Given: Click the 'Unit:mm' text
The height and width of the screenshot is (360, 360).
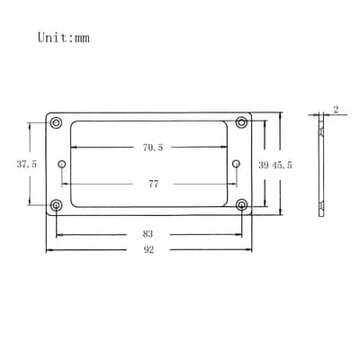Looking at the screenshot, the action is pyautogui.click(x=64, y=38).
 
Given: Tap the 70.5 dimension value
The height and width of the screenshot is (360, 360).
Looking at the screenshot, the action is pyautogui.click(x=153, y=148).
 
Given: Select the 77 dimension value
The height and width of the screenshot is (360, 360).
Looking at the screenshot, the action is pyautogui.click(x=153, y=184).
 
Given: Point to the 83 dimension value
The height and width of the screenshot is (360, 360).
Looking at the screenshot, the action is pyautogui.click(x=148, y=234).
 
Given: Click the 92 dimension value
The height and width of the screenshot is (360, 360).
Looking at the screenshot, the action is pyautogui.click(x=148, y=249).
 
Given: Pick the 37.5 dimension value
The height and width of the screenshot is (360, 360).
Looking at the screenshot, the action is pyautogui.click(x=27, y=164).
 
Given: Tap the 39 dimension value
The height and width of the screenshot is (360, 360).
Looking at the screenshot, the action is pyautogui.click(x=264, y=165).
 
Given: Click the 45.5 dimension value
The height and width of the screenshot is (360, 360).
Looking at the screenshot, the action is pyautogui.click(x=282, y=165).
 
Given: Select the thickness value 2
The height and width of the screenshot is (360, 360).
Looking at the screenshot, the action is pyautogui.click(x=336, y=110).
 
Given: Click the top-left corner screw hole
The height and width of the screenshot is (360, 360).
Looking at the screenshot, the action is pyautogui.click(x=56, y=122).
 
